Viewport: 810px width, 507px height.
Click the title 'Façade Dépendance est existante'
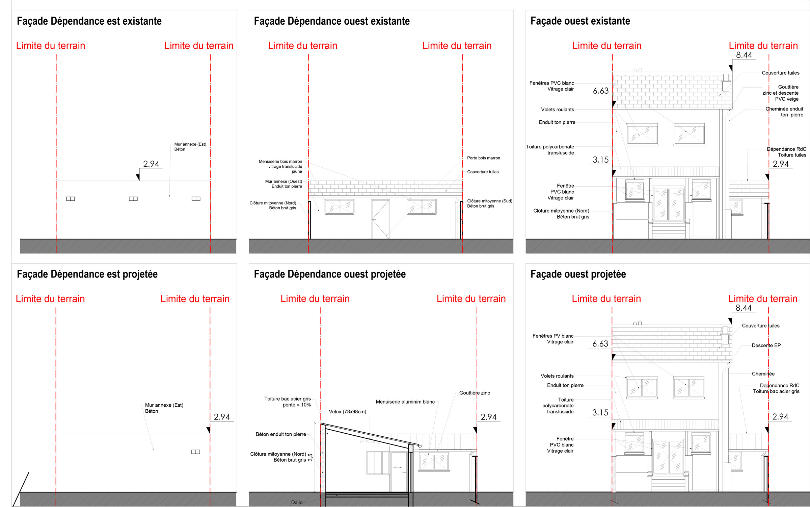pyautogui.click(x=89, y=21)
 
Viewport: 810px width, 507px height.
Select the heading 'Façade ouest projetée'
pyautogui.click(x=578, y=274)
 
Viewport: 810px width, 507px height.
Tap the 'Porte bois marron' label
pyautogui.click(x=484, y=158)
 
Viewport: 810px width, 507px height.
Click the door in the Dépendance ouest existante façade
pyautogui.click(x=380, y=219)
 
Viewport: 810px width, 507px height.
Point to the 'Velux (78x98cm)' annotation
pyautogui.click(x=347, y=412)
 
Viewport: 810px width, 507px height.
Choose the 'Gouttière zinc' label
pyautogui.click(x=475, y=393)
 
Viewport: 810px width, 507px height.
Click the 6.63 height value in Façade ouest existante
pyautogui.click(x=601, y=91)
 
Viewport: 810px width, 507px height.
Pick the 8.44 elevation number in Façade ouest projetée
pyautogui.click(x=744, y=308)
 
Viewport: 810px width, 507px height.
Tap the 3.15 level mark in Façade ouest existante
pyautogui.click(x=601, y=160)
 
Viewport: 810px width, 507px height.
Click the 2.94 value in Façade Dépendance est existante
pyautogui.click(x=151, y=164)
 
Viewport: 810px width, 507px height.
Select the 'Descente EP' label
pyautogui.click(x=766, y=345)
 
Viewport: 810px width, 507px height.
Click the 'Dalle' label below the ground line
pyautogui.click(x=297, y=503)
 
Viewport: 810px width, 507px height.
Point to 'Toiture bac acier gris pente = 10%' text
pyautogui.click(x=288, y=402)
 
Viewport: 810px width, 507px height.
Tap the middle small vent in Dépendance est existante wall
pyautogui.click(x=133, y=199)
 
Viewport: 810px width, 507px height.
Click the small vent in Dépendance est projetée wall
pyautogui.click(x=196, y=452)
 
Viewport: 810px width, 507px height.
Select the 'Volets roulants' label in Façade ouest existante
pyautogui.click(x=558, y=110)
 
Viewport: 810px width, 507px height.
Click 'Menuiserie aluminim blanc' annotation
pyautogui.click(x=405, y=402)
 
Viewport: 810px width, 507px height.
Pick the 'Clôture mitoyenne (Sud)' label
pyautogui.click(x=490, y=201)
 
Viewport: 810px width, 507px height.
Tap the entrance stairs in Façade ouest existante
pyautogui.click(x=669, y=231)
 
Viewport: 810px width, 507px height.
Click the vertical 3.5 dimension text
pyautogui.click(x=310, y=457)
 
